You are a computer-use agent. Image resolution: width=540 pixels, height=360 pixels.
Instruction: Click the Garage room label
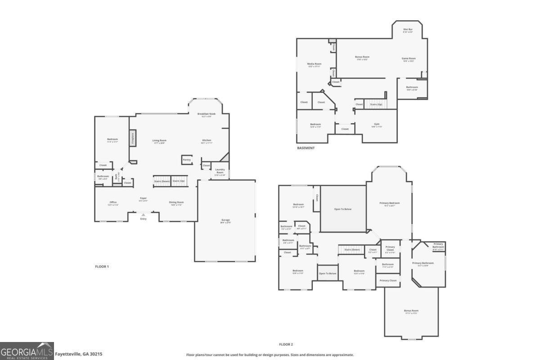225,220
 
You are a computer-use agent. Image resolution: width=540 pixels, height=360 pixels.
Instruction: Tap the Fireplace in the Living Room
133,138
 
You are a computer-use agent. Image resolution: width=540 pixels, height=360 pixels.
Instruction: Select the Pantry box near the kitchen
186,160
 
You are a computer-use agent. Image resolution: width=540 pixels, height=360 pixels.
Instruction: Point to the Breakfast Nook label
207,114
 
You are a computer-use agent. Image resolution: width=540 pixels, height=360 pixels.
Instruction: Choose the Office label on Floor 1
113,202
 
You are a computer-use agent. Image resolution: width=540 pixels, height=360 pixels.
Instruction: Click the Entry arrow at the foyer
143,215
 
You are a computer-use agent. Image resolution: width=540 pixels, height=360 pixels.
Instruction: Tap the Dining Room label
176,202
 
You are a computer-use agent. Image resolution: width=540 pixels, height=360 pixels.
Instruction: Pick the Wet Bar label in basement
408,30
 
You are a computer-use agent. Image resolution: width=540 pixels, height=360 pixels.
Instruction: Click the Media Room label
314,64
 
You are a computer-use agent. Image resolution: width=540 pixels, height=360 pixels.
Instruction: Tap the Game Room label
409,58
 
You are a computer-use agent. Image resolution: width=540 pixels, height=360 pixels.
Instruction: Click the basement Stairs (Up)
376,104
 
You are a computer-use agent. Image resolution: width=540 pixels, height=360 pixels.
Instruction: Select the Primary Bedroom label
389,203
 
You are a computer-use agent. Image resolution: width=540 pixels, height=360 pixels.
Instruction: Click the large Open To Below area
343,209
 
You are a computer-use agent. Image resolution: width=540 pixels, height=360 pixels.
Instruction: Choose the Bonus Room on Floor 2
411,311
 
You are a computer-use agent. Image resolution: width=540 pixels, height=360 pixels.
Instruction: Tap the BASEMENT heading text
306,148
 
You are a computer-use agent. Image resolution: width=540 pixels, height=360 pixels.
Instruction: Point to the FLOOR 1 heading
102,266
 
